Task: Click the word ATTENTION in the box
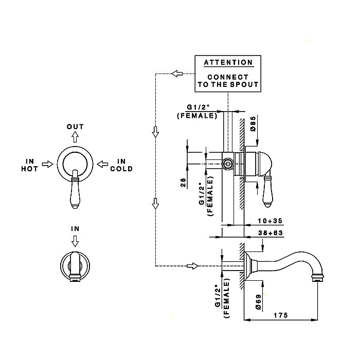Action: coord(228,63)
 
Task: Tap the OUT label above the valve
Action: coord(75,127)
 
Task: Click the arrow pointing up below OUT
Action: coord(75,136)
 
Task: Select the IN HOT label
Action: coord(28,165)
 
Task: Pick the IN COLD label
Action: coord(121,165)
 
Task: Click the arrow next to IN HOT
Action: coord(47,164)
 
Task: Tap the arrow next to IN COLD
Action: coord(103,164)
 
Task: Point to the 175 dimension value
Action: coord(280,314)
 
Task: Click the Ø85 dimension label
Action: coord(253,124)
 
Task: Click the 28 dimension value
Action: coord(184,183)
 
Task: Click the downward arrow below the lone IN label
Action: coord(75,240)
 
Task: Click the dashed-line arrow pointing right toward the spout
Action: coord(193,265)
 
